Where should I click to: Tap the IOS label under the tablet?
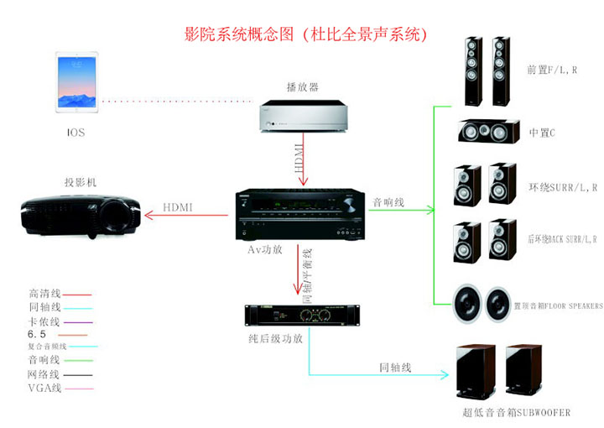[x=75, y=133]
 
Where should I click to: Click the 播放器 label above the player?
[x=302, y=86]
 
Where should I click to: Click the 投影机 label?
[x=81, y=182]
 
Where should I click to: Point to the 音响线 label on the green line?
[x=388, y=202]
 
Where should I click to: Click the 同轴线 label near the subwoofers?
[x=395, y=367]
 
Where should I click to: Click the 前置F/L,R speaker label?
[x=551, y=70]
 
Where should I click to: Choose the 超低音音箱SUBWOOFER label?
[x=516, y=412]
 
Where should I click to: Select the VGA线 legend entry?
[x=45, y=388]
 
